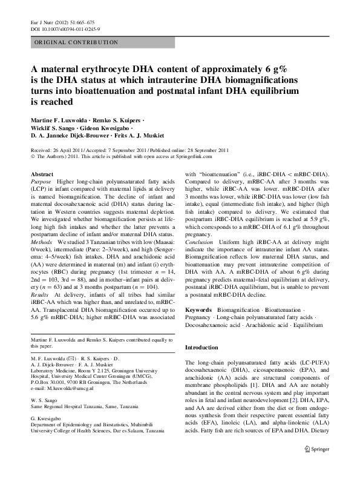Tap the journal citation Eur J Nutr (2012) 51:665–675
[59, 21]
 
